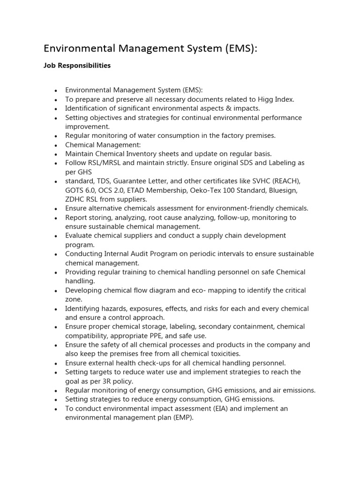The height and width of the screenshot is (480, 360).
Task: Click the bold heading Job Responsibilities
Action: point(77,66)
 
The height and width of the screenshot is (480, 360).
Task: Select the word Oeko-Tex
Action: point(203,191)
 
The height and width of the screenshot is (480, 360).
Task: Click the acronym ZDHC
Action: point(75,200)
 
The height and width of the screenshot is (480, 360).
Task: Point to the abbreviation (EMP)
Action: point(182,418)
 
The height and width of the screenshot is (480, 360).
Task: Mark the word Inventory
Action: point(136,154)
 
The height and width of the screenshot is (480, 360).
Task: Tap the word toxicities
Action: point(222,354)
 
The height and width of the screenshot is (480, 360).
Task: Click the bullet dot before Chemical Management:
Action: point(56,145)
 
